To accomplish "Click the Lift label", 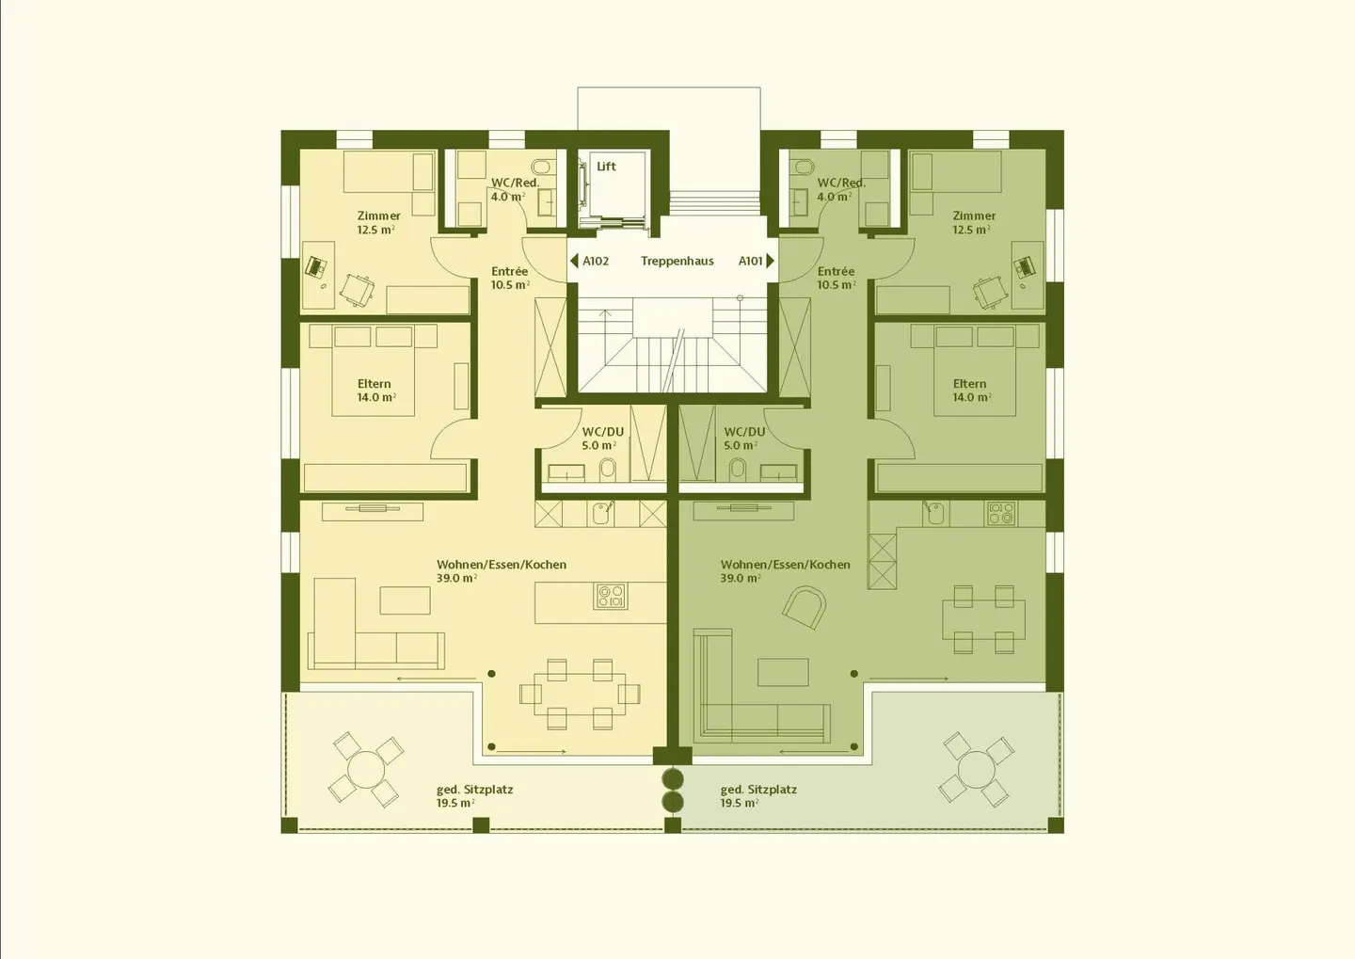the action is coord(606,167).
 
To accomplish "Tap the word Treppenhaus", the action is coord(677,261).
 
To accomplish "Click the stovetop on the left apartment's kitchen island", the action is coord(611,596).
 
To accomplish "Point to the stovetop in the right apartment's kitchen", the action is coord(1000,513).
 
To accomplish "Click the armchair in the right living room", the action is coord(805,607).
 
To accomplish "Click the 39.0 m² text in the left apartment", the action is coord(456,578).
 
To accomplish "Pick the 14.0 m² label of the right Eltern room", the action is coord(972,397).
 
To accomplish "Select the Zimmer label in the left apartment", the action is coord(378,216).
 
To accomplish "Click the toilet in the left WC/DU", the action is coord(608,470).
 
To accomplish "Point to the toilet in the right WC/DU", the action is coord(738,470).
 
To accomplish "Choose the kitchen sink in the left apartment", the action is coord(602,514).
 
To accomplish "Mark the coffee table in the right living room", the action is coord(783,672).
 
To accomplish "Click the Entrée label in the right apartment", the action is coord(836,271).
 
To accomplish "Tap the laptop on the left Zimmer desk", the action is coord(314,266).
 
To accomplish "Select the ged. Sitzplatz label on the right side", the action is coord(758,790).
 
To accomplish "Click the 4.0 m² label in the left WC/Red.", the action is coord(508,197).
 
